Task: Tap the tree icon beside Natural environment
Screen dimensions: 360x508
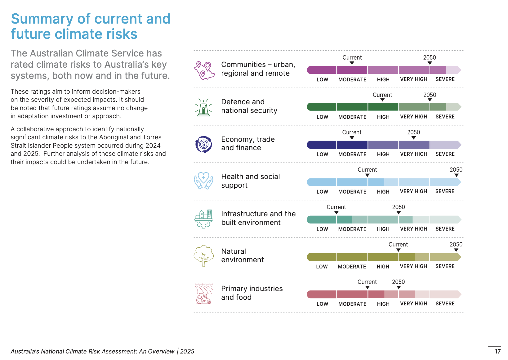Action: [203, 256]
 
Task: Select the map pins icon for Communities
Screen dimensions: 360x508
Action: [204, 70]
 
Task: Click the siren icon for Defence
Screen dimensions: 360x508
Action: [203, 107]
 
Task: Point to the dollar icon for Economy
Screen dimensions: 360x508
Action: [203, 144]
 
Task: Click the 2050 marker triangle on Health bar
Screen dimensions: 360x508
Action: [456, 175]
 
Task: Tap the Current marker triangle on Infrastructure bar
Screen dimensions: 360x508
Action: [336, 213]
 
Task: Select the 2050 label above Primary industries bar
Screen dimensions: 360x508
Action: [398, 282]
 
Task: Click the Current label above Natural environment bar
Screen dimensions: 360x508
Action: [398, 245]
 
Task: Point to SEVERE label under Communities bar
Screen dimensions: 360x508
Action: [445, 79]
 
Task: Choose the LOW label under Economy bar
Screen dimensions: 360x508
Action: [322, 154]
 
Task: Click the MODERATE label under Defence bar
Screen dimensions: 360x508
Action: [352, 117]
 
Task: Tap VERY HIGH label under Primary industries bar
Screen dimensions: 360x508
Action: [413, 304]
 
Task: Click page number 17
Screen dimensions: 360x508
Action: [497, 351]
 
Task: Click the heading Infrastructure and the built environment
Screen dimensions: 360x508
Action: [258, 218]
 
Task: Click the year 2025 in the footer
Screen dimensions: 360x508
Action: [187, 351]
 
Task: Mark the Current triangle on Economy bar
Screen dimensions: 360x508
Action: [352, 138]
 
